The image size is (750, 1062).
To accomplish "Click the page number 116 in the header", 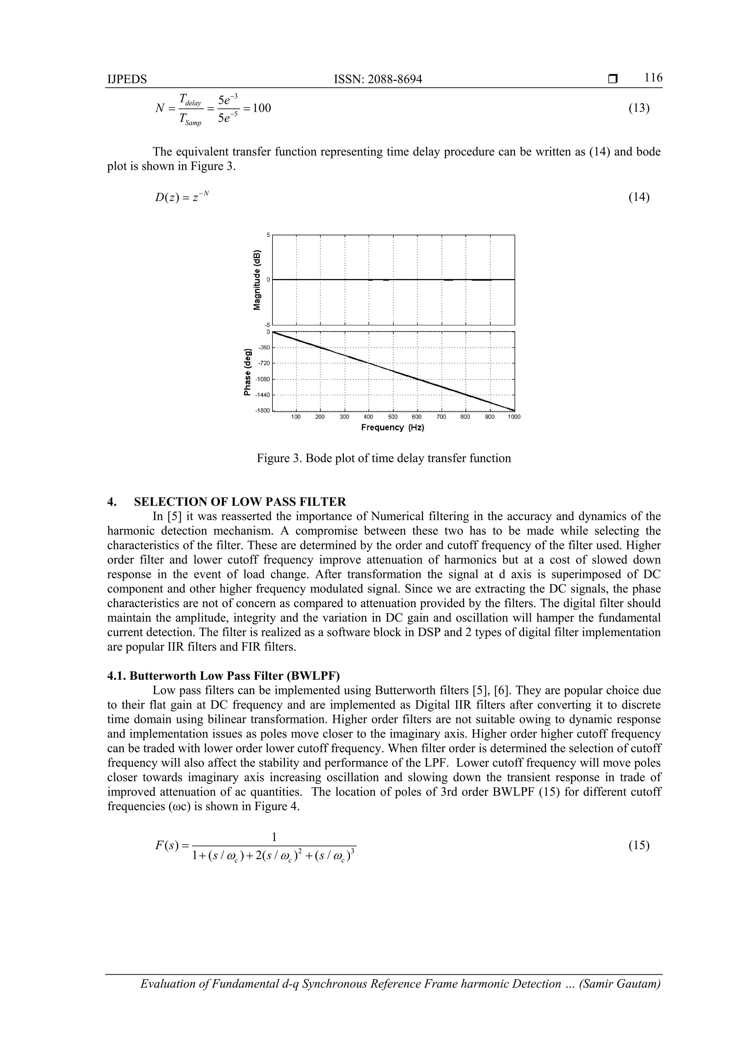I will pos(653,78).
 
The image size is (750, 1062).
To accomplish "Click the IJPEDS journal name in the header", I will pos(127,80).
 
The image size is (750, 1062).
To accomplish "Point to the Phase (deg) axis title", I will pos(248,371).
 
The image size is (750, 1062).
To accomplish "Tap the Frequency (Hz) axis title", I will pos(392,427).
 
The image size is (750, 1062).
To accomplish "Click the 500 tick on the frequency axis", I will pos(392,417).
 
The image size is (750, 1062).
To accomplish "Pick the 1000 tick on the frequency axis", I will pos(513,417).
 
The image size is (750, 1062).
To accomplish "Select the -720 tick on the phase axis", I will pos(264,363).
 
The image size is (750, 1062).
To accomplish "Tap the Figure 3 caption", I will pos(383,458).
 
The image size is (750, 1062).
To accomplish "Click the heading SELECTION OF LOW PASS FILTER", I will pos(240,502).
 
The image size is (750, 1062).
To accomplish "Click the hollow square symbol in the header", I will pos(613,79).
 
